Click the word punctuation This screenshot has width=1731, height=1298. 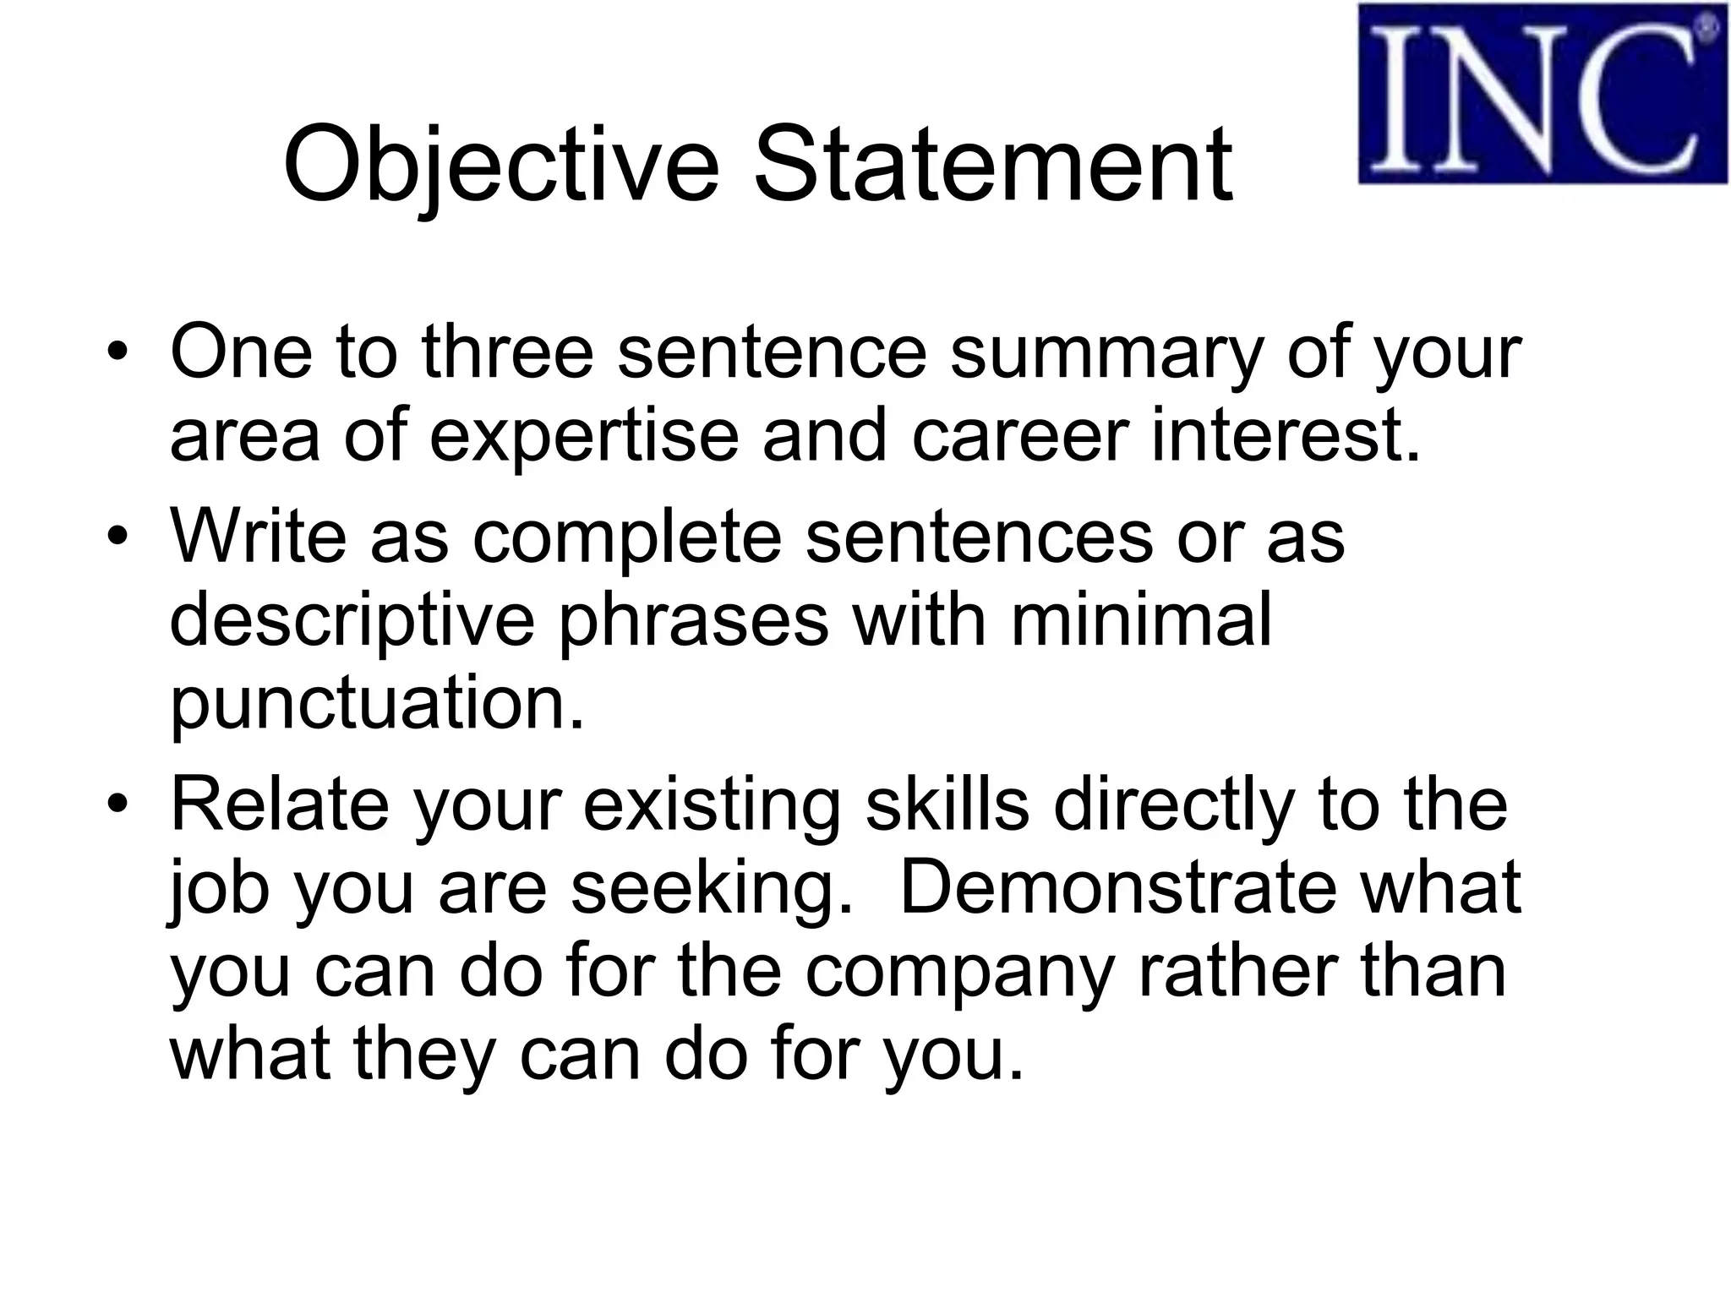(x=377, y=704)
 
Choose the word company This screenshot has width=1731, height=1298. (x=959, y=973)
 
